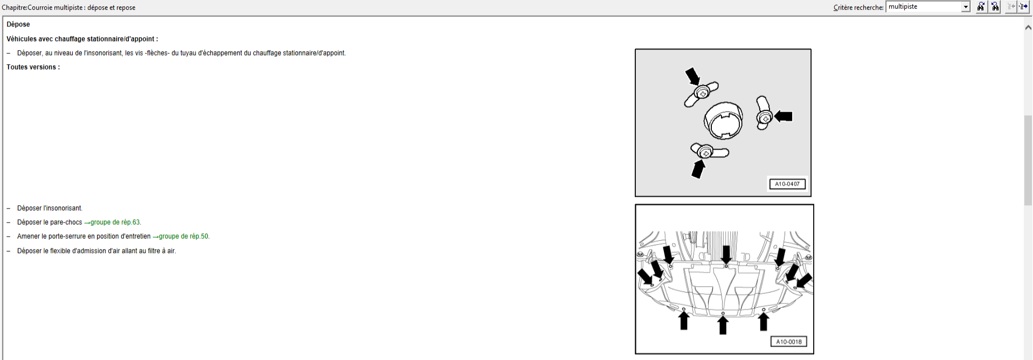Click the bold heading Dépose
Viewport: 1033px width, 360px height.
click(18, 24)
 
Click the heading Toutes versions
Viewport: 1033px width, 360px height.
click(33, 67)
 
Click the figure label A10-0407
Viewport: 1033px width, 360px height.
click(787, 184)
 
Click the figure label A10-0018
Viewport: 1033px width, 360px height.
click(789, 341)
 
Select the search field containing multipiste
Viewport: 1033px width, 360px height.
click(924, 6)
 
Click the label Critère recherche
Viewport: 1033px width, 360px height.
click(858, 8)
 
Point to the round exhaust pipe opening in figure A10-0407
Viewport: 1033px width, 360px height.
click(723, 120)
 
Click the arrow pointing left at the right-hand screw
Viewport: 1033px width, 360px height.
click(783, 116)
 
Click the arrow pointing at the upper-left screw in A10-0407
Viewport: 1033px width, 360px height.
click(692, 76)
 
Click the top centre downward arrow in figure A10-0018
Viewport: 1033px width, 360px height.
click(726, 254)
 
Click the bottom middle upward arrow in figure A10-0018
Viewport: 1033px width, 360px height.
click(723, 325)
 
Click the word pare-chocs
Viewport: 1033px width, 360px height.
click(66, 222)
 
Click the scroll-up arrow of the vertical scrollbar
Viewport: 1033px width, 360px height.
click(1028, 27)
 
